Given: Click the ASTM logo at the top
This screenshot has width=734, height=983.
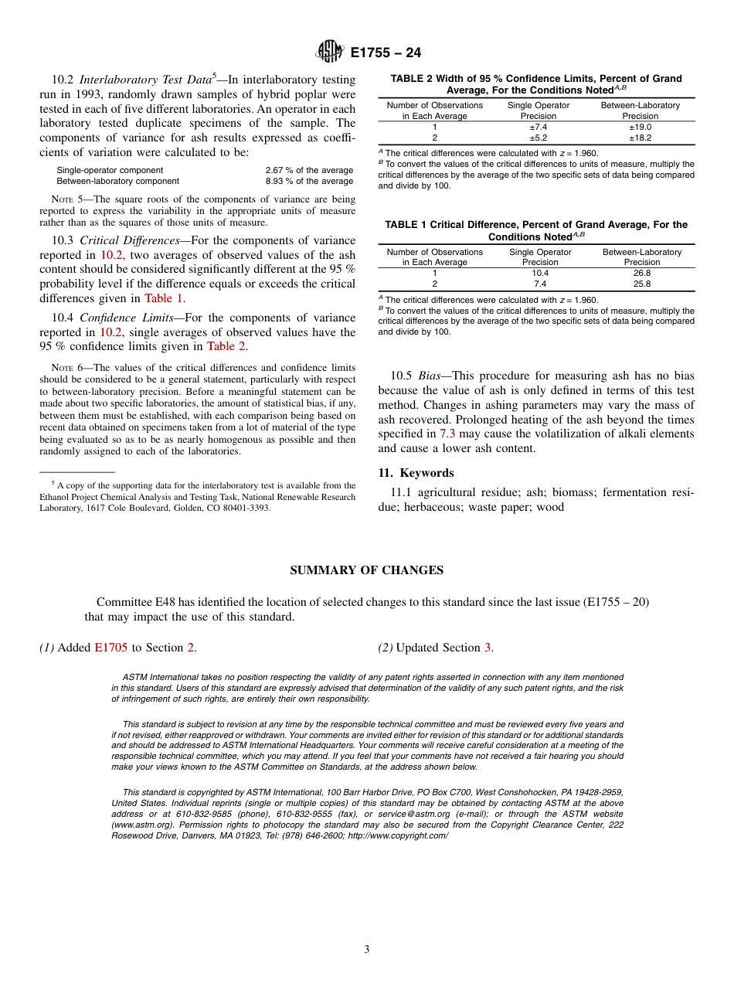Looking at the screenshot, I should point(330,53).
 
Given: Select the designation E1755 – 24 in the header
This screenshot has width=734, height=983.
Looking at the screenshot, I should point(386,53).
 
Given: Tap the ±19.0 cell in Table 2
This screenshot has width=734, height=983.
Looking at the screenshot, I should point(641,127).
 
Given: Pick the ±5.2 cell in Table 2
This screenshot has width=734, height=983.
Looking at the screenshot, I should point(539,138).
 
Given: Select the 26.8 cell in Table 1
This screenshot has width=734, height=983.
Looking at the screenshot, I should point(641,273).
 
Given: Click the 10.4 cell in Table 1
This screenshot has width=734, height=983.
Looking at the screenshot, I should point(540,273).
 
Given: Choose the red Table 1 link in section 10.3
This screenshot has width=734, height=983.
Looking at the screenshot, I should point(164,298).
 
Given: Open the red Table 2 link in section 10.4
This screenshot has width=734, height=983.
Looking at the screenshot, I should point(226,347).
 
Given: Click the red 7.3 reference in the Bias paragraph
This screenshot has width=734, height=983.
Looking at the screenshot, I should point(447,434).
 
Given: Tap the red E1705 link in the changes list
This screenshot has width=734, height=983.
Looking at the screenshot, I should point(110,648).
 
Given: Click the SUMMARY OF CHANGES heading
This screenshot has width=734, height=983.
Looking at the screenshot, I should point(366,570).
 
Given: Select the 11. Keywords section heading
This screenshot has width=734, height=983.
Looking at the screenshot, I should point(416,473).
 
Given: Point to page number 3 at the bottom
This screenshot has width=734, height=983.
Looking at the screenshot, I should point(367,949).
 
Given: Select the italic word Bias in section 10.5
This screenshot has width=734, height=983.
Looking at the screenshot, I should point(429,376).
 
